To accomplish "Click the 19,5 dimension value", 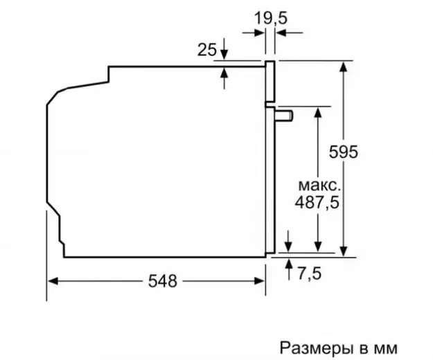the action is click(x=271, y=18).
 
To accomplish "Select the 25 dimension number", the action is click(x=207, y=50).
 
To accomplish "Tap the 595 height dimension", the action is click(x=343, y=152).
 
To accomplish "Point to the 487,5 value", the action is click(x=317, y=202).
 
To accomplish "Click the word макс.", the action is click(x=319, y=186).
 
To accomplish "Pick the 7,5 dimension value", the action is click(x=309, y=273).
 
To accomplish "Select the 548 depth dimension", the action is click(x=162, y=281).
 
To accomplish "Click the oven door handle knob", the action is click(x=283, y=116).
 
